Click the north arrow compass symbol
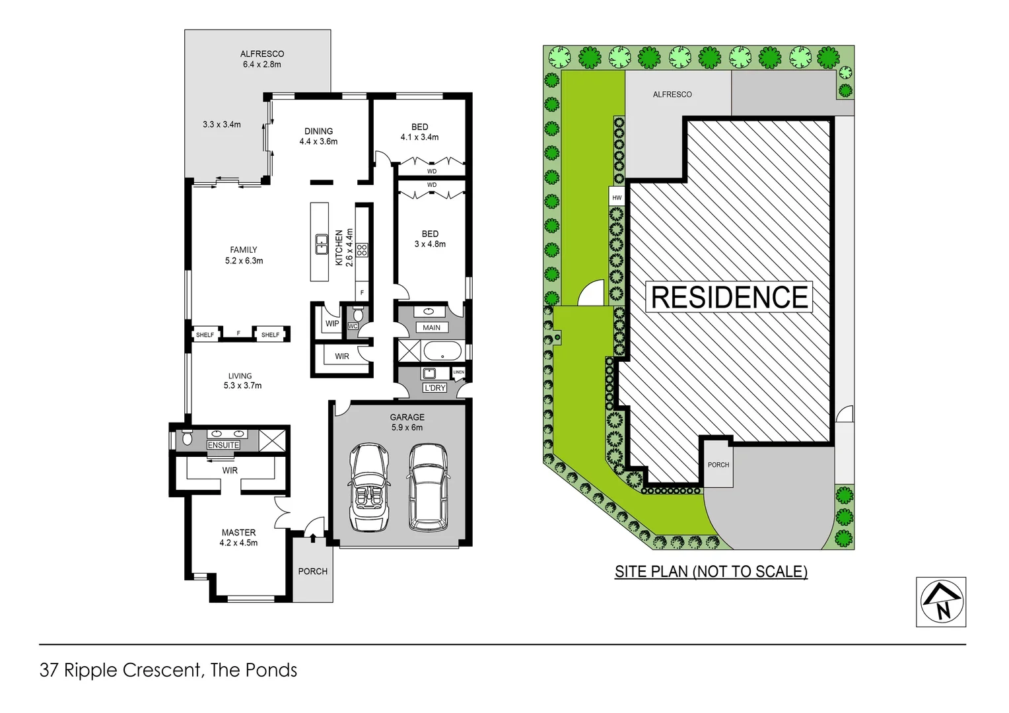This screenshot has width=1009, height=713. pos(941,602)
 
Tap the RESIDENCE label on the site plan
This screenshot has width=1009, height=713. pos(730,297)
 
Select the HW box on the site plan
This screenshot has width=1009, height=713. pos(617,197)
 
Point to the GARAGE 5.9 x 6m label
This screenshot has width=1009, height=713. pos(407,423)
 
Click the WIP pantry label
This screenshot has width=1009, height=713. pos(332,323)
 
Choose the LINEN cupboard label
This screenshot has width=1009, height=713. pos(459,372)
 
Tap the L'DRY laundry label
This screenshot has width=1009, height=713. pos(435,388)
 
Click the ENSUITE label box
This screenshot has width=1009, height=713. pos(223,445)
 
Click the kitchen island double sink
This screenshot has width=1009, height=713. pos(322,244)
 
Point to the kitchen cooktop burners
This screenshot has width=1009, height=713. pos(362,250)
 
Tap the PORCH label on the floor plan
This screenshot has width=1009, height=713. pos(312,571)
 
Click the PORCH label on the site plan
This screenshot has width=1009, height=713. pos(718,465)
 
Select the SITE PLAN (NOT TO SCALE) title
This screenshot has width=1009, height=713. pos(711,572)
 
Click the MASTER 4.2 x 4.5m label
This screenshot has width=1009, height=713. pos(238,538)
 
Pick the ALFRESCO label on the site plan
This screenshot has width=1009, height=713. pos(672,94)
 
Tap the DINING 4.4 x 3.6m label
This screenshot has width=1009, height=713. pos(318,136)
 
